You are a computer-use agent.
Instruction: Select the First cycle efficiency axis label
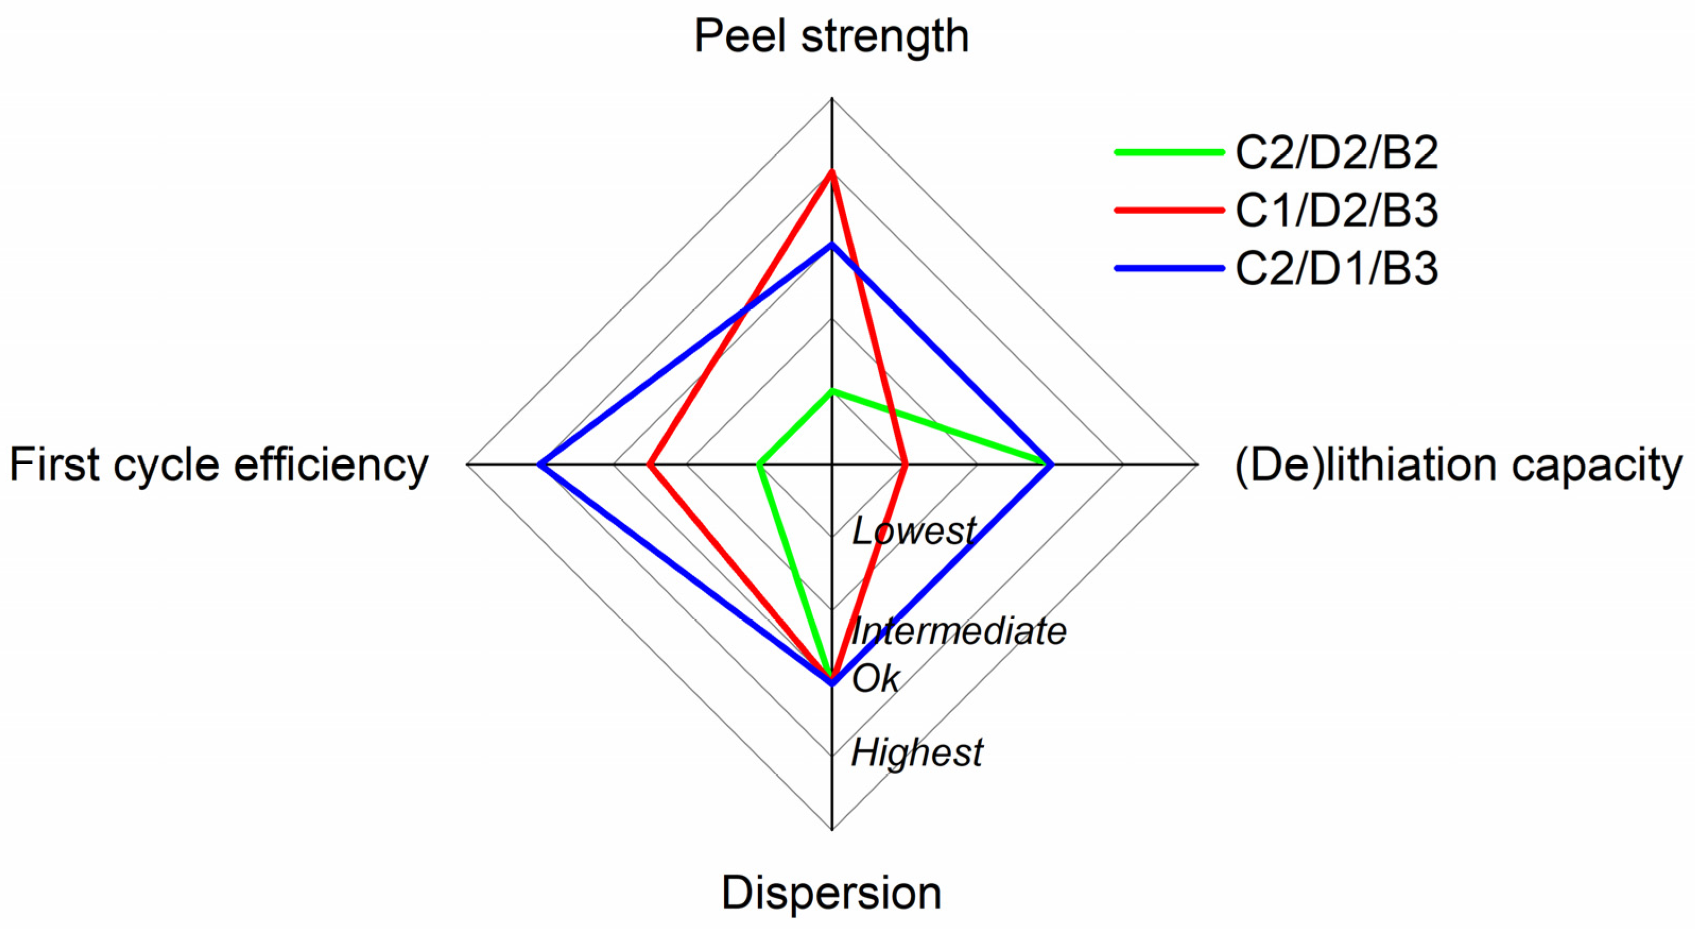click(x=219, y=465)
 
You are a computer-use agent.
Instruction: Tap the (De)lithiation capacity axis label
click(x=1458, y=465)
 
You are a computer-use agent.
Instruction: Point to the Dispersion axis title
click(x=832, y=893)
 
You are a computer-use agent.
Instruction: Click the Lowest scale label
click(x=913, y=531)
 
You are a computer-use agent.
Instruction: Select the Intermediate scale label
click(x=958, y=631)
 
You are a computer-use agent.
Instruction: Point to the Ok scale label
click(x=875, y=678)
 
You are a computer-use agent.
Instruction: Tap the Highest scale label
click(x=917, y=752)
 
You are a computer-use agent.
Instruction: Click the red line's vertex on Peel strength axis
click(x=832, y=172)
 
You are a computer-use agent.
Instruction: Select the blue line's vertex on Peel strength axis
click(x=832, y=245)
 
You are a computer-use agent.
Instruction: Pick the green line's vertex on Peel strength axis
click(x=832, y=391)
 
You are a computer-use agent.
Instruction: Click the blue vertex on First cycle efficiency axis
click(x=539, y=465)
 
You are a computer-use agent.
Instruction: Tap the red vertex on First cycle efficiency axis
click(x=649, y=465)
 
